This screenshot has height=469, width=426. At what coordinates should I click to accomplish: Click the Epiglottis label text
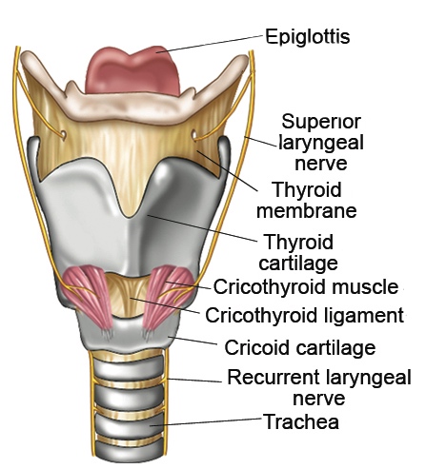click(307, 37)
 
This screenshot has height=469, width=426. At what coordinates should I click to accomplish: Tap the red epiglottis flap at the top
click(132, 71)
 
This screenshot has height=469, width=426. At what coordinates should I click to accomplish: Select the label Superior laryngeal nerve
click(321, 143)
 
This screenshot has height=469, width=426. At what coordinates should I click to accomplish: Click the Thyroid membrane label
click(307, 200)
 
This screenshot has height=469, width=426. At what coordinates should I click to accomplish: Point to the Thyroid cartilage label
click(298, 252)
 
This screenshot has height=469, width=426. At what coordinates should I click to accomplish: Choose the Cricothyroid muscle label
click(306, 286)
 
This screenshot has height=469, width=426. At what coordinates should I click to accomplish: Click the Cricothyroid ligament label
click(305, 315)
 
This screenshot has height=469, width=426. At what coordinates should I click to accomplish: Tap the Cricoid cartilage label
click(300, 347)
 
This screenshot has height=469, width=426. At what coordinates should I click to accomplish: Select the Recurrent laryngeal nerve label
click(319, 387)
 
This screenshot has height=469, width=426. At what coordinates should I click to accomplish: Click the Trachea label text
click(301, 421)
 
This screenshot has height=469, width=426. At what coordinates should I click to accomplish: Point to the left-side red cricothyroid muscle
click(87, 294)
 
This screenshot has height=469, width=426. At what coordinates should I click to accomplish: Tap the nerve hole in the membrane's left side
click(64, 134)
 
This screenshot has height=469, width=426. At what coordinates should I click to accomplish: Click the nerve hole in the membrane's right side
click(193, 134)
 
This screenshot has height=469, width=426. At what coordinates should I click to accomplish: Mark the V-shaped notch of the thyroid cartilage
click(130, 211)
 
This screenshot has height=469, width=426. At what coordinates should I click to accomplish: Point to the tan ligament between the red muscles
click(128, 295)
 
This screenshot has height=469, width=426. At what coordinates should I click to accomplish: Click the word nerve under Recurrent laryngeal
click(318, 399)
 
